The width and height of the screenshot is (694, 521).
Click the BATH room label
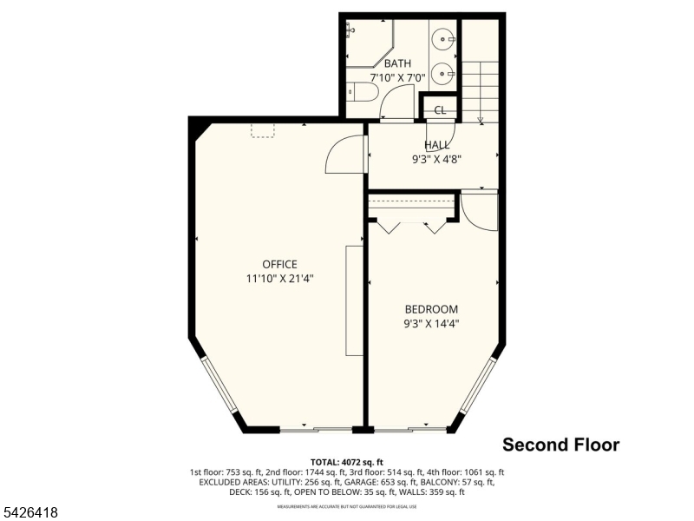coord(398,63)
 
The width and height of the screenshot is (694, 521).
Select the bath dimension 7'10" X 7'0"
coord(398,77)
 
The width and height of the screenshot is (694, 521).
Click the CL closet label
coord(440,109)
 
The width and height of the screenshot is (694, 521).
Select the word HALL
coord(437,145)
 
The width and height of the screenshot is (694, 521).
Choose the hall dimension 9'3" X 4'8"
coord(436,159)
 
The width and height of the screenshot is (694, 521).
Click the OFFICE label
coord(279,265)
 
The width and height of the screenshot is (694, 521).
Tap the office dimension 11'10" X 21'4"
coord(279,279)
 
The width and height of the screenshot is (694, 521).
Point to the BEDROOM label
coord(431,309)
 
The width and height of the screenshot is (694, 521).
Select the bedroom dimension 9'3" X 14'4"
coord(431,323)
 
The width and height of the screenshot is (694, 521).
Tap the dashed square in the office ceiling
coord(263,130)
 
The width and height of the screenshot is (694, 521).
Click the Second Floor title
coord(561,445)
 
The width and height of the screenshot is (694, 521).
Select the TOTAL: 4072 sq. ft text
coord(346,461)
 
